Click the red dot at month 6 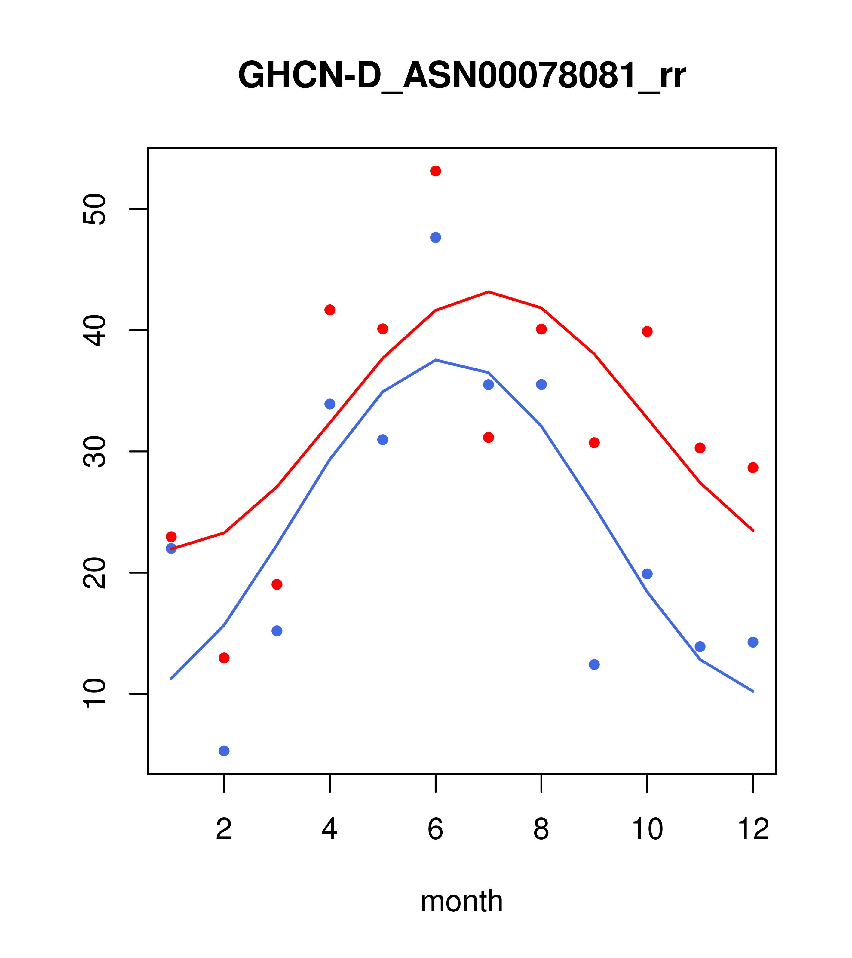pyautogui.click(x=436, y=171)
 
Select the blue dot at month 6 pyautogui.click(x=436, y=238)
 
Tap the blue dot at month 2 pyautogui.click(x=224, y=751)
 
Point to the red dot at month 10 pyautogui.click(x=647, y=332)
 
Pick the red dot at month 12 pyautogui.click(x=753, y=468)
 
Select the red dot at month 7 pyautogui.click(x=489, y=437)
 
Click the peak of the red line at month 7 pyautogui.click(x=489, y=292)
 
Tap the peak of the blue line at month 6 pyautogui.click(x=436, y=360)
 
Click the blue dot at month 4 pyautogui.click(x=330, y=404)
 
